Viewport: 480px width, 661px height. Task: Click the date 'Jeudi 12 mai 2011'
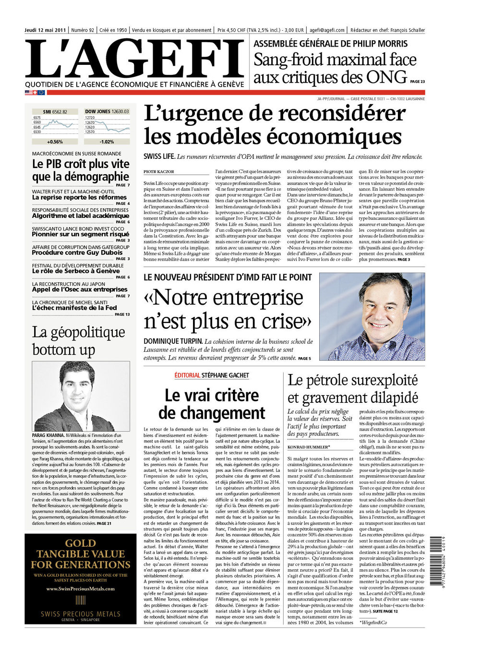(45, 30)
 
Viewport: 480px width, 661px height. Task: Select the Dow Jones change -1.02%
(107, 142)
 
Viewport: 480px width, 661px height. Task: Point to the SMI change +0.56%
(55, 142)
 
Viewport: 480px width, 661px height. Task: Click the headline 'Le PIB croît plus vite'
(81, 164)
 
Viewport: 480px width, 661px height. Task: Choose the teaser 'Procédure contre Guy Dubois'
(77, 252)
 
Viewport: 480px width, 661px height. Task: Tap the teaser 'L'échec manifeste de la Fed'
(74, 308)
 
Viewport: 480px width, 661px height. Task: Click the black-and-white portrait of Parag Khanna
(81, 396)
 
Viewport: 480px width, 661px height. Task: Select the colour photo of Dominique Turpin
(372, 317)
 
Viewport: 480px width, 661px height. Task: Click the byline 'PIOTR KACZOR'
(158, 171)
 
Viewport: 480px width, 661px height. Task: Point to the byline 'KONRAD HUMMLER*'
(309, 447)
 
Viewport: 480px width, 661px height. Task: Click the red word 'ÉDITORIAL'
(187, 375)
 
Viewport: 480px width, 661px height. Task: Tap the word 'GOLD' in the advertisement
(81, 543)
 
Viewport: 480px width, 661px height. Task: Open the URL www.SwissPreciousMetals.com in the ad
(81, 589)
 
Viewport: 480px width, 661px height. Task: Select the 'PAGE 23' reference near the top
(418, 82)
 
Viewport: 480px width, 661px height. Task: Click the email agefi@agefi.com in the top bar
(327, 30)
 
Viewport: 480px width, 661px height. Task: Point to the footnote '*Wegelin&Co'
(373, 622)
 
